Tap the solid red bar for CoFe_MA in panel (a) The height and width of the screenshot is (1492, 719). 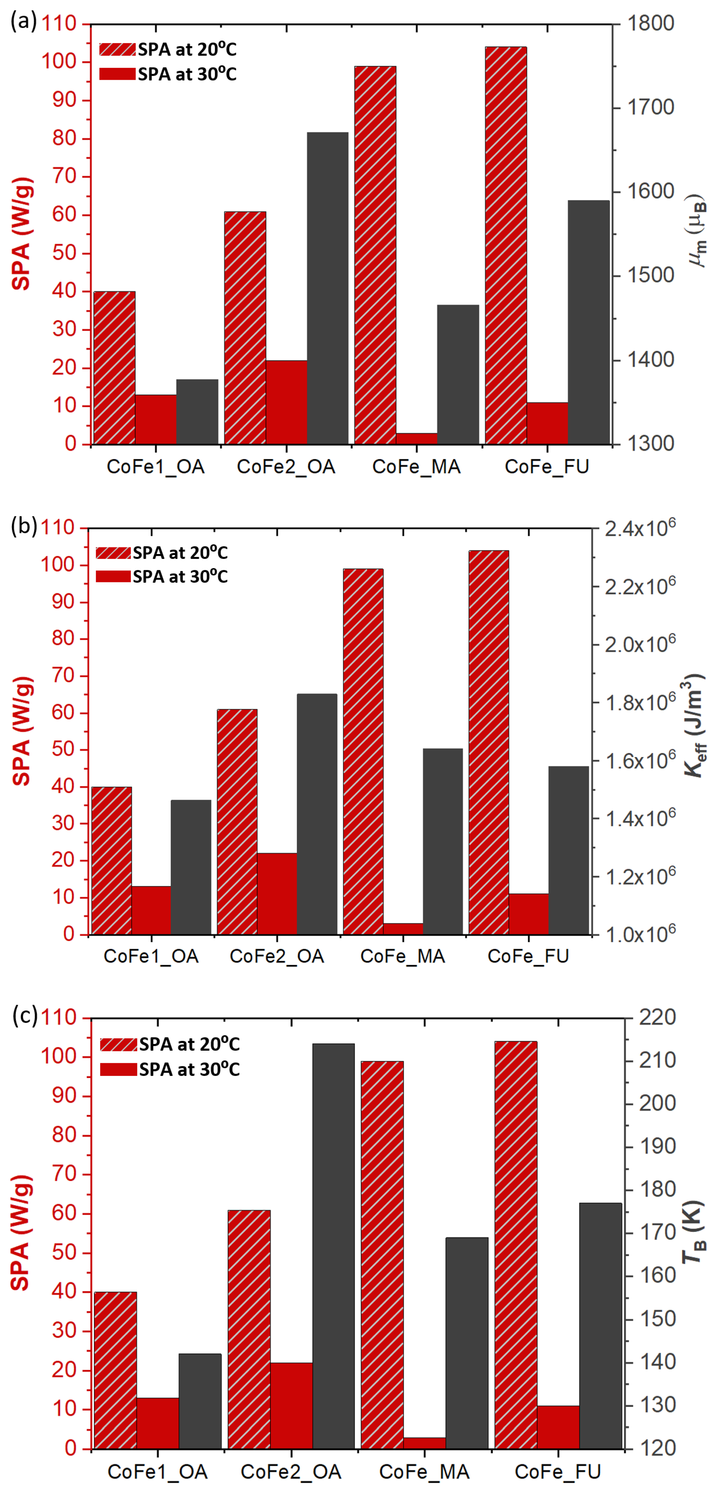coord(416,439)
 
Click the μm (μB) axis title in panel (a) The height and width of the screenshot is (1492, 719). coord(698,232)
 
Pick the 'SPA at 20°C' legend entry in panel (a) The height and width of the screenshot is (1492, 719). coord(168,50)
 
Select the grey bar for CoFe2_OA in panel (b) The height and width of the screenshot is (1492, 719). coord(317,814)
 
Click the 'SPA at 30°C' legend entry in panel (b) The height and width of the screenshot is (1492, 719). coord(162,576)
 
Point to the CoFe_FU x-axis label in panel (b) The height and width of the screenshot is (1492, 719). coord(528,956)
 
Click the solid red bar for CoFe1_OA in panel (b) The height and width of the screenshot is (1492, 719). coord(151,910)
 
